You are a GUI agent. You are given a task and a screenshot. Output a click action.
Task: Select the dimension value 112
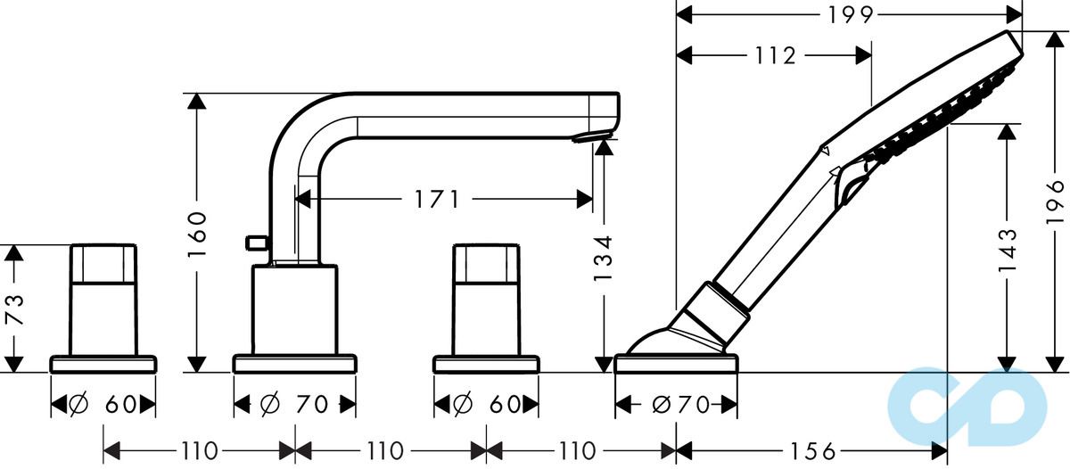[774, 56]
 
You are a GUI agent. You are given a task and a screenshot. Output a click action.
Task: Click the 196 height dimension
[1056, 201]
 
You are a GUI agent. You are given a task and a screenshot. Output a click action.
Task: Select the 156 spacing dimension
[814, 449]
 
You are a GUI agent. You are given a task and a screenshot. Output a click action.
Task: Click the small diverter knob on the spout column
[255, 241]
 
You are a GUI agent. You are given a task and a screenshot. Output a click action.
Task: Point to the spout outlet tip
[593, 136]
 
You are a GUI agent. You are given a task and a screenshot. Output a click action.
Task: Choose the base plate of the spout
[294, 363]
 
